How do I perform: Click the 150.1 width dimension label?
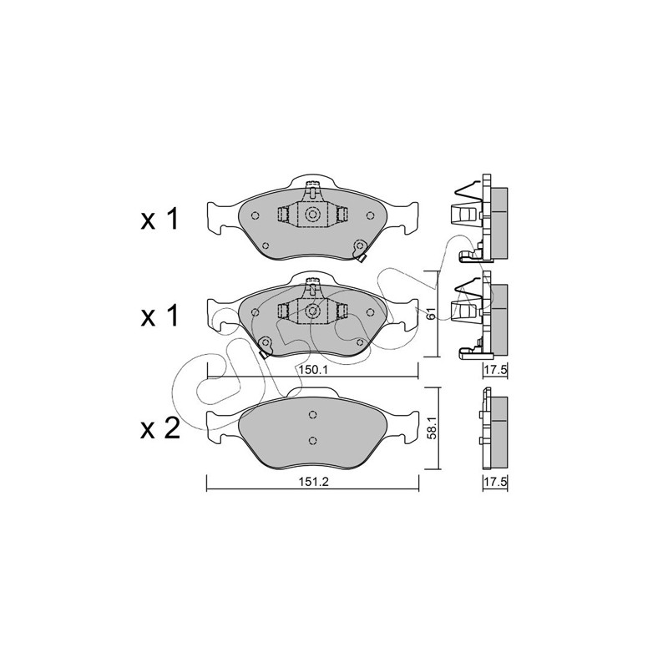[x=312, y=370]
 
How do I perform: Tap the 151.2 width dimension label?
[x=312, y=482]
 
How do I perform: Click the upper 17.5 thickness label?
[x=495, y=370]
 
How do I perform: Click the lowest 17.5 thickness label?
[x=495, y=482]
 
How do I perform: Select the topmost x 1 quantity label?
[x=159, y=220]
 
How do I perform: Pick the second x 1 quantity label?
[x=159, y=316]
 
